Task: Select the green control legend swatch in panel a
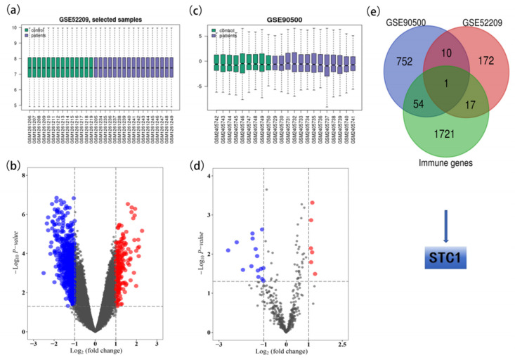point(27,30)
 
